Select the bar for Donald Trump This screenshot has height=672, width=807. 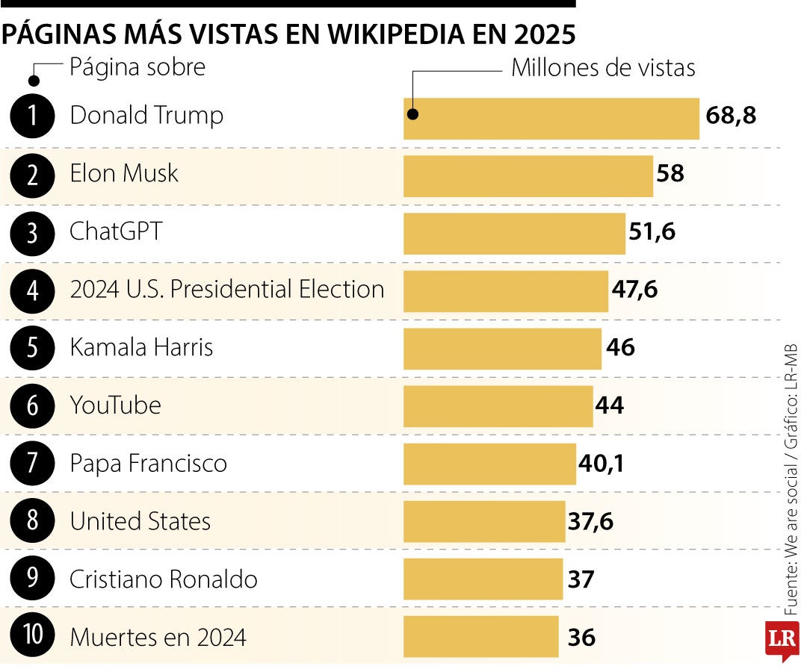[x=551, y=118]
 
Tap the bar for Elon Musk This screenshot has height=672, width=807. [x=528, y=175]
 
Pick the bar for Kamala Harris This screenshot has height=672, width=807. [x=502, y=349]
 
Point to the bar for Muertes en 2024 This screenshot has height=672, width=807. [x=480, y=637]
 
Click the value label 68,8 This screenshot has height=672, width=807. [x=731, y=116]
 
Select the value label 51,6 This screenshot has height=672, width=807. [x=652, y=232]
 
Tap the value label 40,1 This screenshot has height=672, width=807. [x=601, y=464]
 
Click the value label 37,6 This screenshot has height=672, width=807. [x=590, y=521]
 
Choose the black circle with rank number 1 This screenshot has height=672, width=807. [x=33, y=116]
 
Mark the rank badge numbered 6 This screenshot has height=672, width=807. [x=33, y=405]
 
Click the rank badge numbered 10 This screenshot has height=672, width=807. [x=33, y=637]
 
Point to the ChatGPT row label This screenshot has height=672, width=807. [x=116, y=231]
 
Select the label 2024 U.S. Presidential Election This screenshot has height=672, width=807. [x=227, y=290]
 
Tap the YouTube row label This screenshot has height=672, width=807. [x=115, y=405]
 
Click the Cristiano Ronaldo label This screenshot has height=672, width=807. [x=164, y=579]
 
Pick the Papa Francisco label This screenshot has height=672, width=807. [x=148, y=464]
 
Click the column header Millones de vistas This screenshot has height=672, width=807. [x=603, y=68]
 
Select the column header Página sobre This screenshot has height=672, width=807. [x=137, y=67]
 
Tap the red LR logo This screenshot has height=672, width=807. [x=782, y=639]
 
